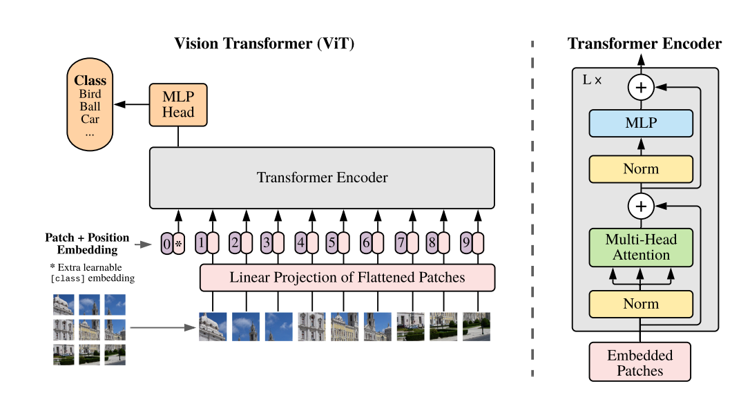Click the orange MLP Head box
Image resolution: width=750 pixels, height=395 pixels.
[178, 105]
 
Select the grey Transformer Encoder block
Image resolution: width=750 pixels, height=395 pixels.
[322, 177]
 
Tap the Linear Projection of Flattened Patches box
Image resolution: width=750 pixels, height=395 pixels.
[347, 278]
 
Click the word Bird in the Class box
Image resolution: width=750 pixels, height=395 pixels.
[90, 94]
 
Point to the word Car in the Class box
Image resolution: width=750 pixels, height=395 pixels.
[90, 119]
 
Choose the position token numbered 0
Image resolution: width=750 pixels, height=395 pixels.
[167, 243]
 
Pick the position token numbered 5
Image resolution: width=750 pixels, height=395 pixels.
[332, 243]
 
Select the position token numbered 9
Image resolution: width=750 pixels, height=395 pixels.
[467, 243]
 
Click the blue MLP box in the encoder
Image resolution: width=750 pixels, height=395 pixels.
[641, 124]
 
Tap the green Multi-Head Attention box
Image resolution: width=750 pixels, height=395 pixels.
[641, 247]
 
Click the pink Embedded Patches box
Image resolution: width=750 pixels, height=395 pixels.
[640, 363]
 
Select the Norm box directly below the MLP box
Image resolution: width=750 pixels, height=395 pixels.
[641, 169]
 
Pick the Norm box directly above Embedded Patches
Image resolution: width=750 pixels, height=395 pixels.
[641, 304]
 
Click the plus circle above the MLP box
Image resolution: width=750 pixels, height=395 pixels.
[640, 88]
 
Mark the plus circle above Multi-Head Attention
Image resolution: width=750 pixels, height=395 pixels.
[640, 206]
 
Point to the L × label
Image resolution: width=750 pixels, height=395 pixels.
[592, 80]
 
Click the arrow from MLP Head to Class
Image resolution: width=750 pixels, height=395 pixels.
[132, 105]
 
